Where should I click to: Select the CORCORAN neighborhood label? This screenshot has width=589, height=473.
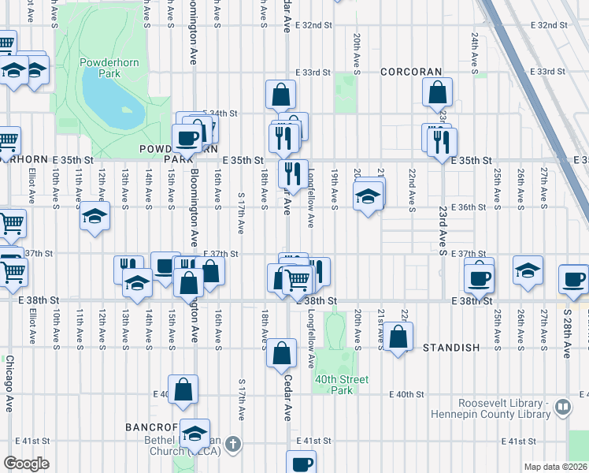[411, 72]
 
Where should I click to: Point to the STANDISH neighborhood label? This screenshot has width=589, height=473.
[451, 348]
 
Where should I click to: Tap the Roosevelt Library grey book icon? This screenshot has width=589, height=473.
[562, 408]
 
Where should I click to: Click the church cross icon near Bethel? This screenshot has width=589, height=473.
[232, 444]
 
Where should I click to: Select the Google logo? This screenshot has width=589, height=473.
[26, 464]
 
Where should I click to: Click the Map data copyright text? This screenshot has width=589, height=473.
[555, 467]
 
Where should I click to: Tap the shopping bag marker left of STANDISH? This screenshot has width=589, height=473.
[399, 337]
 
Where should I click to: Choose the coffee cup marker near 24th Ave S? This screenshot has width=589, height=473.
[479, 277]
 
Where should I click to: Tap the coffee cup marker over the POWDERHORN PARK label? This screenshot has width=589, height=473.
[187, 138]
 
